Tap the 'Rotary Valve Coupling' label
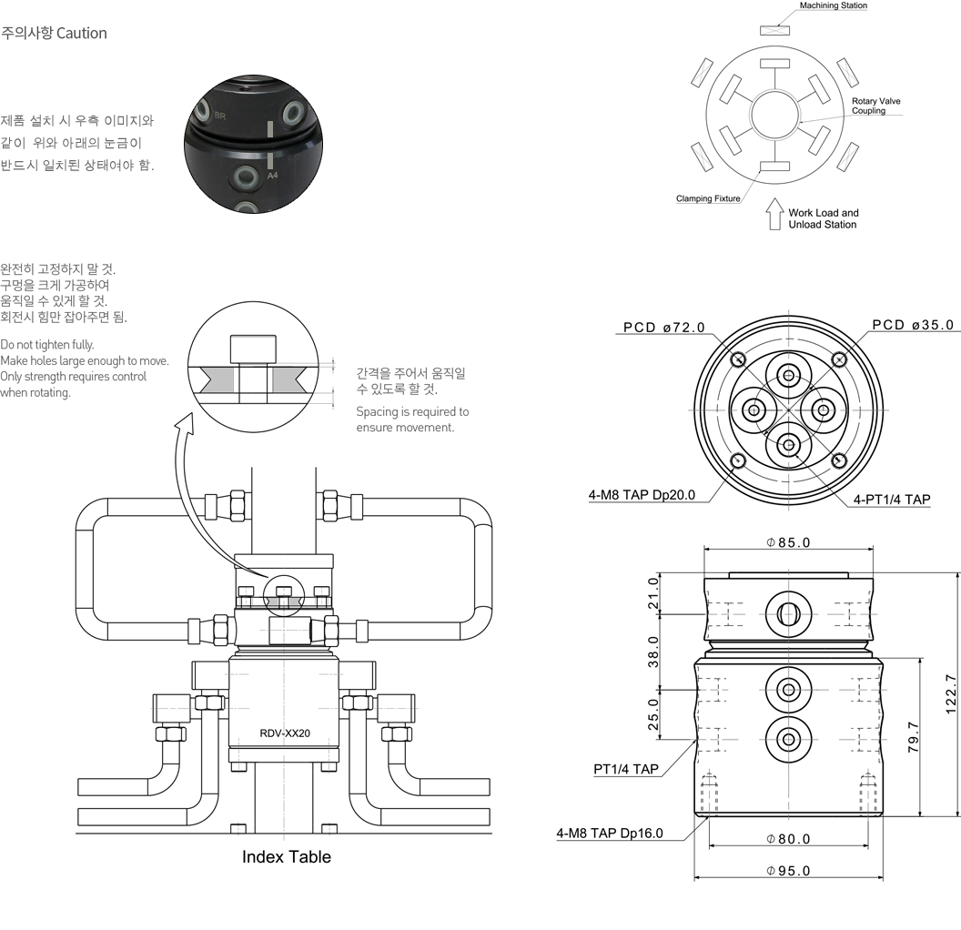875,106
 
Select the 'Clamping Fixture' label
707,198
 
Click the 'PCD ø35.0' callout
912,325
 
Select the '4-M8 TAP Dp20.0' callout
642,495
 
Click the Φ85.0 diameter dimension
788,543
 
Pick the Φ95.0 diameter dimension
788,871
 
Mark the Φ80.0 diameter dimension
788,839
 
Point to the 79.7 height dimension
915,736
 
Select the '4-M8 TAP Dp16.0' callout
610,833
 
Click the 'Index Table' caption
286,857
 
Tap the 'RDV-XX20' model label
286,733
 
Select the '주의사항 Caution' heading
55,34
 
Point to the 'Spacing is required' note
412,420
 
